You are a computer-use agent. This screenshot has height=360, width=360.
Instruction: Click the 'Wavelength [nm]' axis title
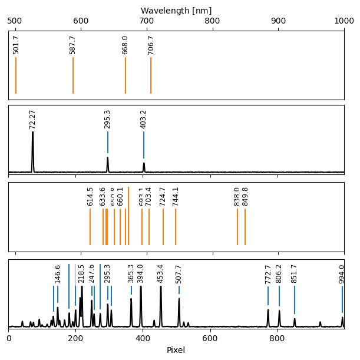pos(176,11)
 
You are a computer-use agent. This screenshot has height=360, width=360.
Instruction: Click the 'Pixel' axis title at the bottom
pos(176,350)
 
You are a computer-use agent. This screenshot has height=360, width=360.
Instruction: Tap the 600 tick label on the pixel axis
pos(210,338)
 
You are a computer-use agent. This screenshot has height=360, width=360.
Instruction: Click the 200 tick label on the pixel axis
pos(75,338)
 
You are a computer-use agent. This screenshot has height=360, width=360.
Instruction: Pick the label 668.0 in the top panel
pos(125,45)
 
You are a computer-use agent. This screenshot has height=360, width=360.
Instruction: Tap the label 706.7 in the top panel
pos(151,45)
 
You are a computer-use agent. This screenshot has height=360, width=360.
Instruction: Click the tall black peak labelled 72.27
pos(32,147)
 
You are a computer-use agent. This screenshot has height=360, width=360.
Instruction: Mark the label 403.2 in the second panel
pos(144,119)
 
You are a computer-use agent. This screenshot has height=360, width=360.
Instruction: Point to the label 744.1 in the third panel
pos(176,196)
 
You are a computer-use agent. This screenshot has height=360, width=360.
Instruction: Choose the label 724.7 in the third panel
pos(163,196)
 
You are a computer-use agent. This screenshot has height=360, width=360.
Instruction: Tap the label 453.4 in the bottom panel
pos(161,273)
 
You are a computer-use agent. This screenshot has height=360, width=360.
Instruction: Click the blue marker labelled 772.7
pos(268,296)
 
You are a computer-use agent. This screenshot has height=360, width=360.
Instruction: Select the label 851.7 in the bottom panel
pos(295,273)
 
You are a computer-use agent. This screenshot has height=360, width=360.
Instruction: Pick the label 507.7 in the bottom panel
pos(179,273)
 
